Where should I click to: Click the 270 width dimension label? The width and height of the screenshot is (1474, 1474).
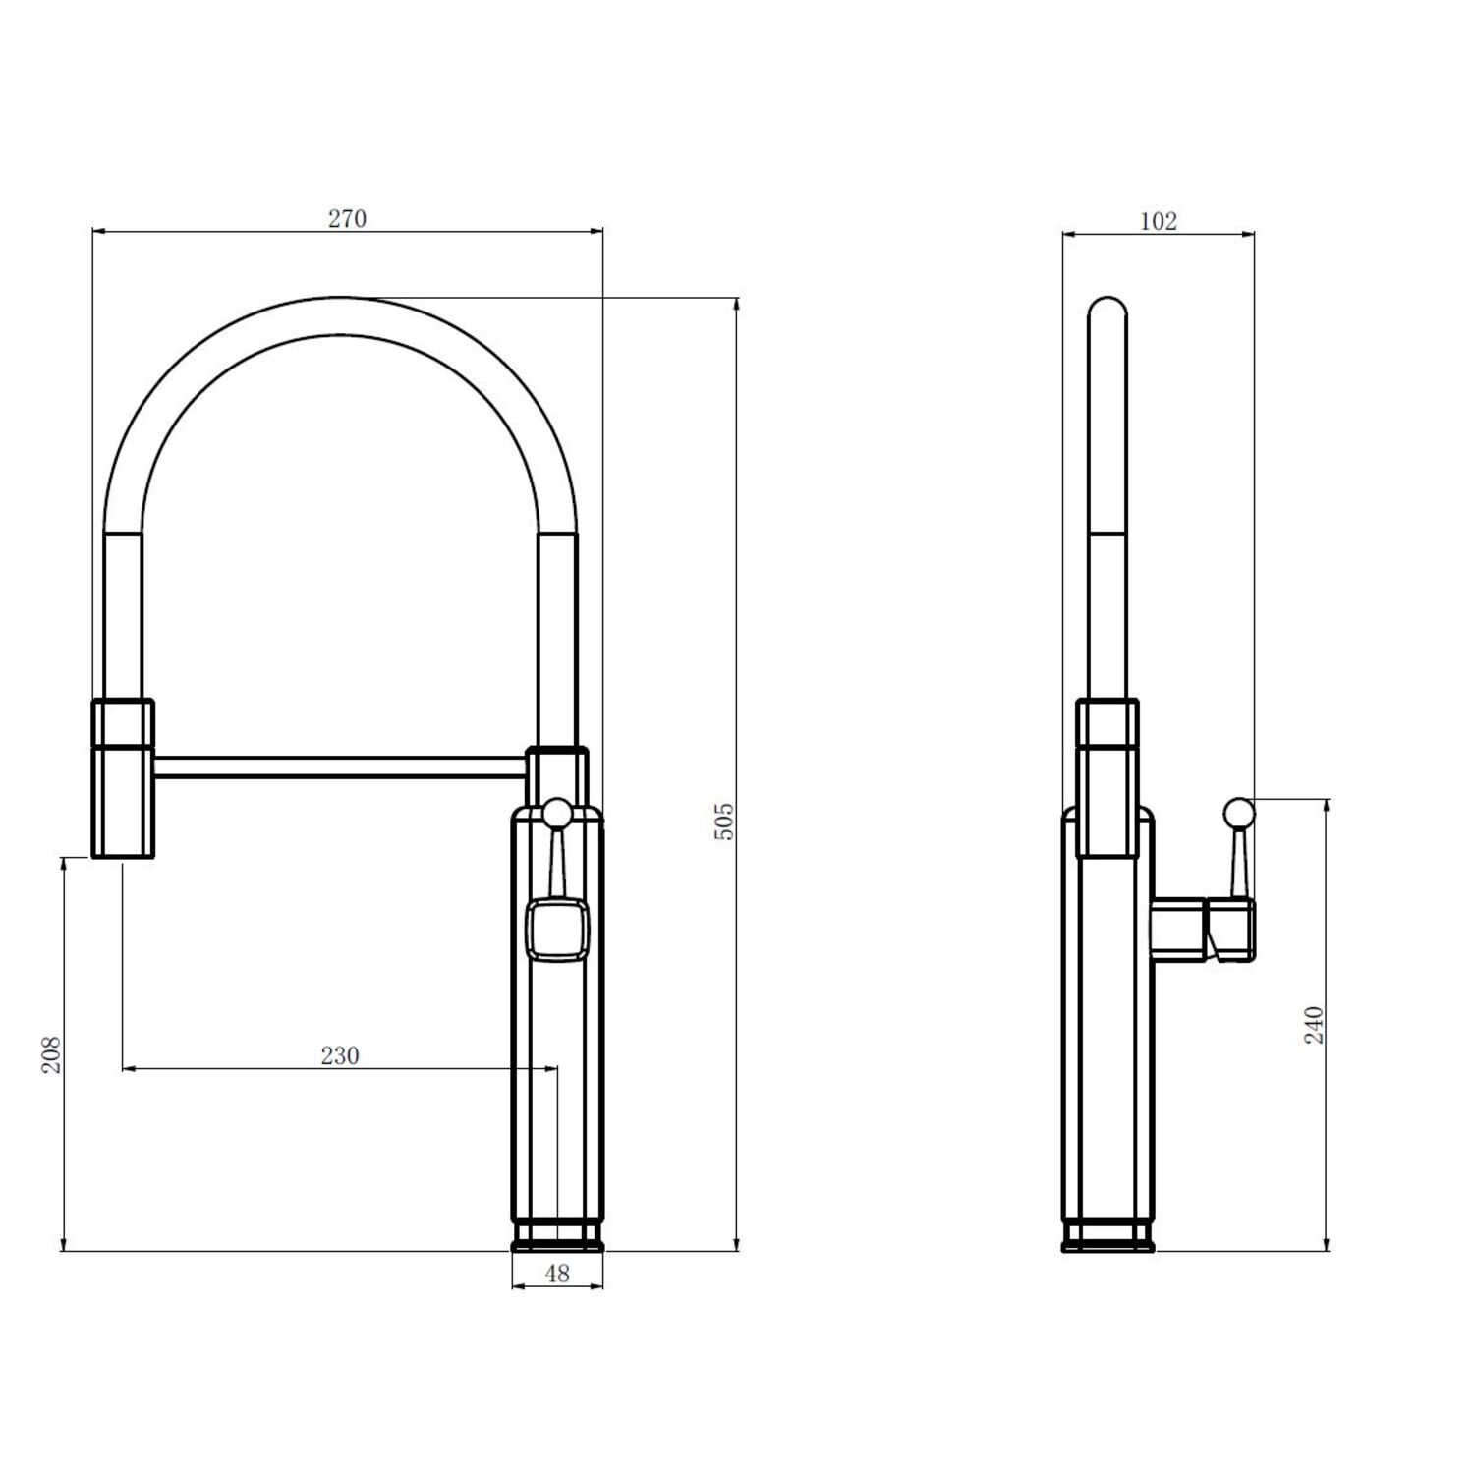[347, 218]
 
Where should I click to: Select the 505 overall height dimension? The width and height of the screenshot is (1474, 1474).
[724, 821]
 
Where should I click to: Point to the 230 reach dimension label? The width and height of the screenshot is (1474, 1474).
[340, 1055]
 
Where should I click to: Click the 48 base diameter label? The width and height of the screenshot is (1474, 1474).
[557, 1273]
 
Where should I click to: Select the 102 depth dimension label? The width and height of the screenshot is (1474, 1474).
[1158, 221]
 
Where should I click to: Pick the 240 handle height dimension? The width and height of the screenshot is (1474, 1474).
[1315, 1025]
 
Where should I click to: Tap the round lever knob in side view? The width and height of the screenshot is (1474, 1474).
[1238, 813]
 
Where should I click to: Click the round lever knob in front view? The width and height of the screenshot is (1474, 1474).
[557, 813]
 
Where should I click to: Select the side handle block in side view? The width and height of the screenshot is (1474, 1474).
[1204, 928]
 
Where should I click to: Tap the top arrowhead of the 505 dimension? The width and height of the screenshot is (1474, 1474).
[736, 303]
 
